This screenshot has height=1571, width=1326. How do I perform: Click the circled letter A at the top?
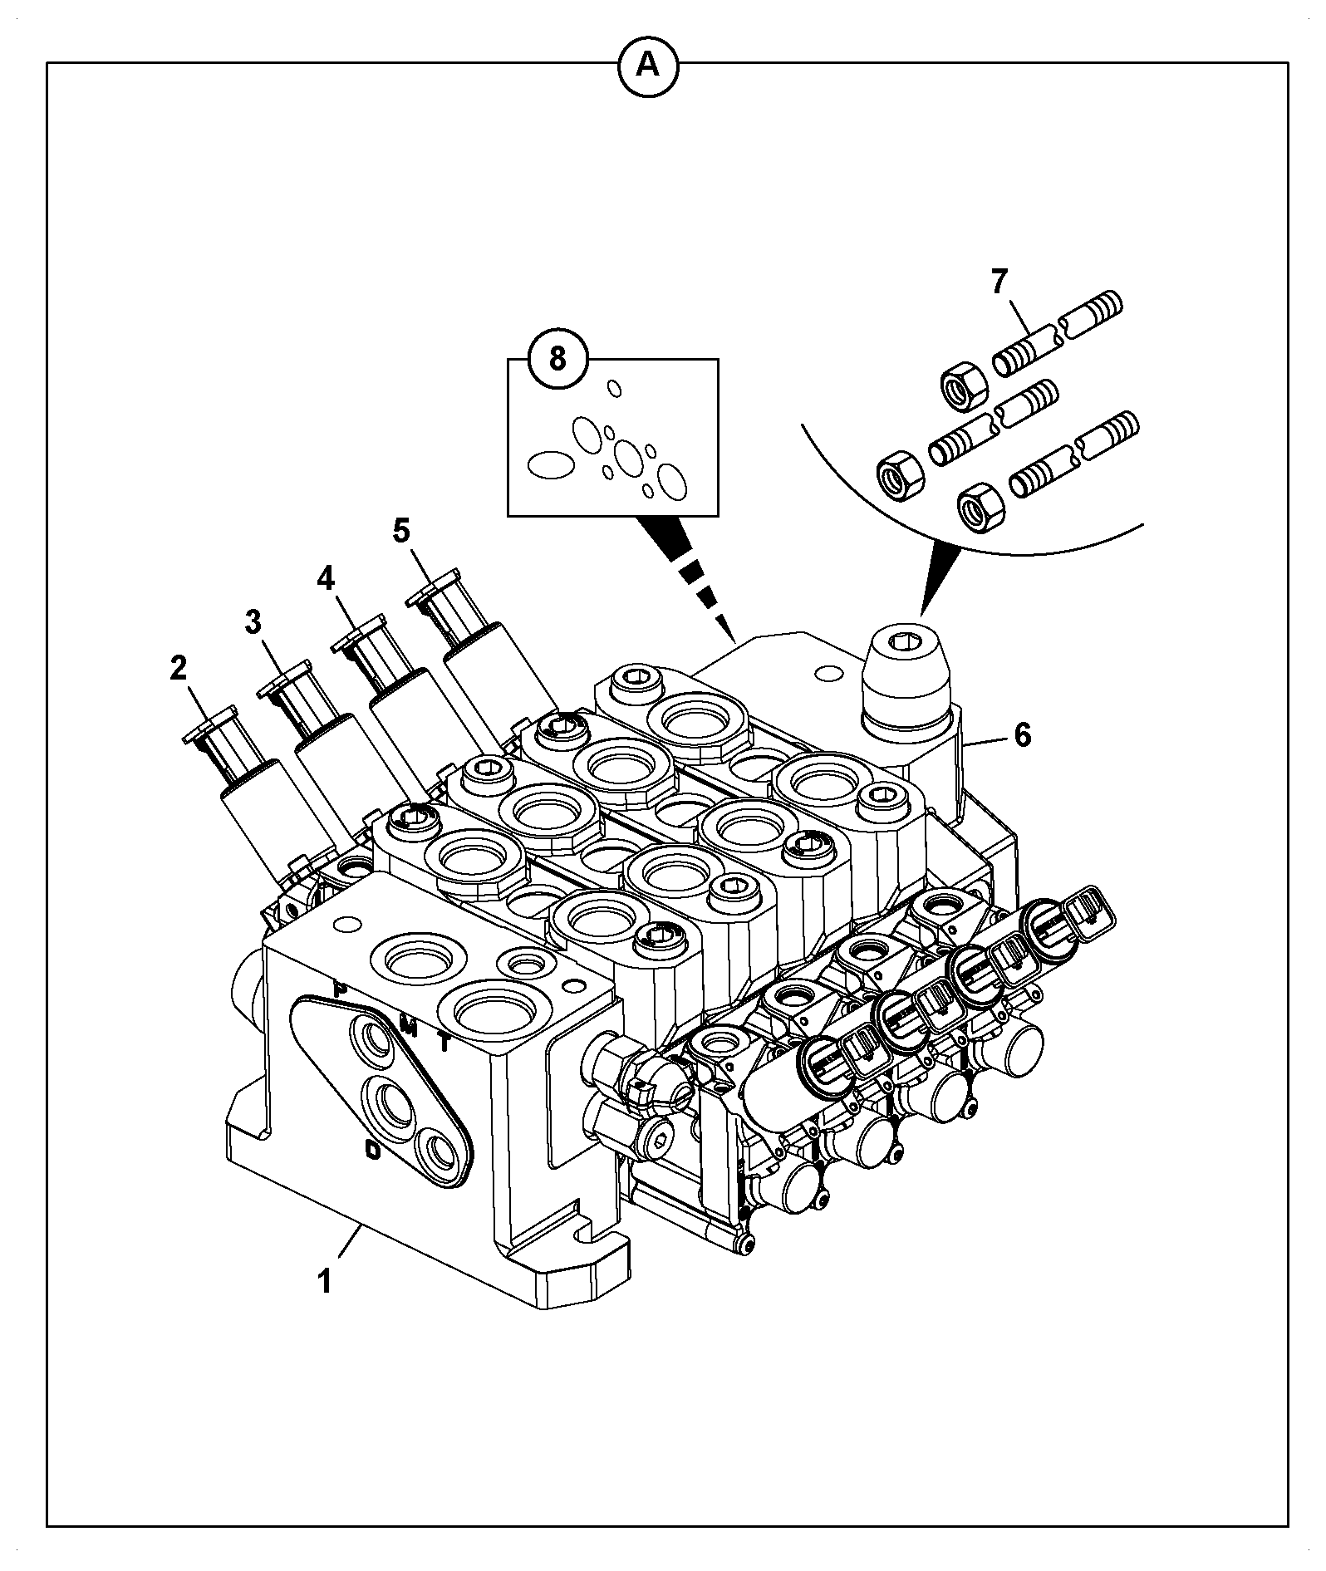(648, 64)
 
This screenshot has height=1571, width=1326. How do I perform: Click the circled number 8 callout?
(557, 360)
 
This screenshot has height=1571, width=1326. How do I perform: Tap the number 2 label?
(179, 668)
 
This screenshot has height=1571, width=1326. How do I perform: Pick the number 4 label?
(326, 578)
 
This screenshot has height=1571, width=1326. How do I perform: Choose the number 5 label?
(401, 531)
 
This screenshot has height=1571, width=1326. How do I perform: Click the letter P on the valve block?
(339, 989)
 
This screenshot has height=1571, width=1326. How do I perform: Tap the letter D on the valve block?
(374, 1150)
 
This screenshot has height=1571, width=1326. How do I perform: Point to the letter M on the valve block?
(408, 1023)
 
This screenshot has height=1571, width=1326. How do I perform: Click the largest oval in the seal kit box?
(550, 464)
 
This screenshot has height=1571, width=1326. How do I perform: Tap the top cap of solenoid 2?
(209, 724)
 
